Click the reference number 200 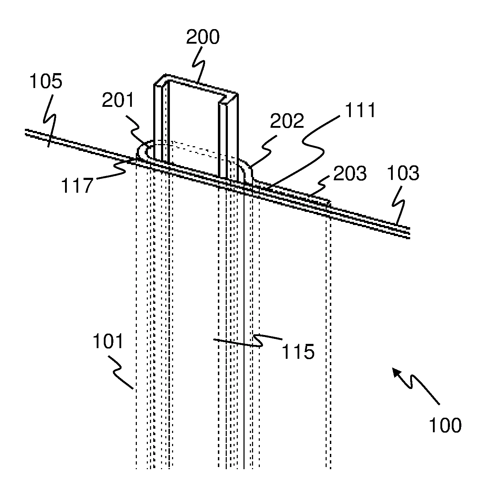pyautogui.click(x=203, y=37)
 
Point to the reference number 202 pyautogui.click(x=287, y=122)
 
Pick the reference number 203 pyautogui.click(x=350, y=174)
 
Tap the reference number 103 pyautogui.click(x=403, y=174)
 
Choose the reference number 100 pyautogui.click(x=445, y=425)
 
